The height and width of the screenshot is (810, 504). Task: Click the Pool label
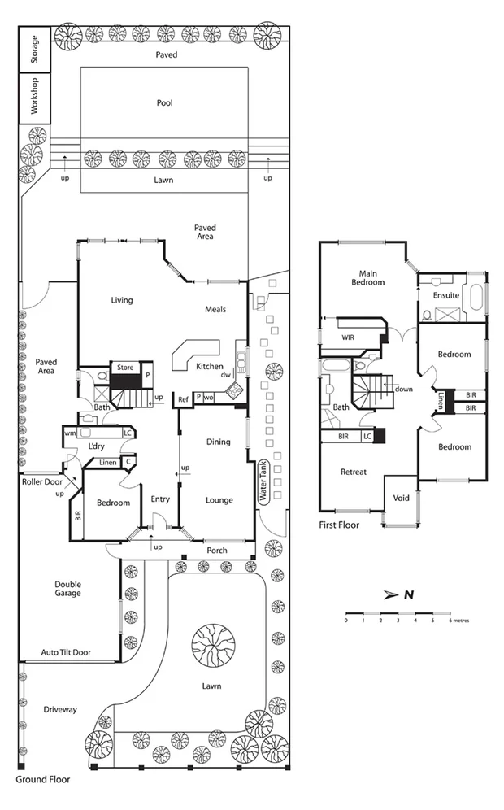[165, 103]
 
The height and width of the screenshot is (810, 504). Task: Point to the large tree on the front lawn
[213, 646]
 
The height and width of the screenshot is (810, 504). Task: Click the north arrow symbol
[402, 594]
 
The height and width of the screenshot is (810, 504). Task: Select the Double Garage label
[67, 588]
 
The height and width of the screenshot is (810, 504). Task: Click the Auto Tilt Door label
[66, 652]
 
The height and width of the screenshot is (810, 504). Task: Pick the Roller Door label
[42, 481]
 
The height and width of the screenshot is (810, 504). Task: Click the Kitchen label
[209, 367]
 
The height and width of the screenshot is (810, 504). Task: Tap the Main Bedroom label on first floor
[367, 277]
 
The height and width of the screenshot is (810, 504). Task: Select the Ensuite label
[445, 295]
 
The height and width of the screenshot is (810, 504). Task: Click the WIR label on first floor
[348, 336]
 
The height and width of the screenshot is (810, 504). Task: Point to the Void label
[401, 498]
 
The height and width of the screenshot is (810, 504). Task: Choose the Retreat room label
[353, 472]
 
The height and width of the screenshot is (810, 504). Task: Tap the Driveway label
[60, 709]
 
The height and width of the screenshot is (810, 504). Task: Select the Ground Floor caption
[43, 779]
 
